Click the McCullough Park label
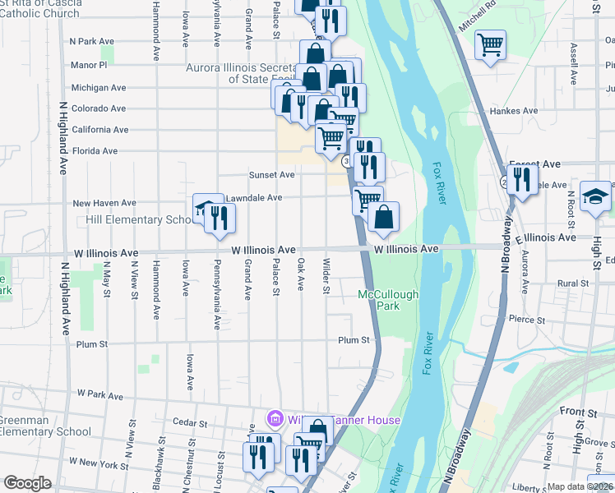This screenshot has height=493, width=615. pyautogui.click(x=388, y=300)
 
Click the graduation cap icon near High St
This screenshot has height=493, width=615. pyautogui.click(x=595, y=197)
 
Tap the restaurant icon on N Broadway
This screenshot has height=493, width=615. pyautogui.click(x=522, y=177)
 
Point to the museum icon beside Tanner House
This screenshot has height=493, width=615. pyautogui.click(x=275, y=420)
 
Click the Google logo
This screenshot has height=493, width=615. pyautogui.click(x=27, y=484)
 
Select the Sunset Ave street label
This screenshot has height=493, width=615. pyautogui.click(x=272, y=175)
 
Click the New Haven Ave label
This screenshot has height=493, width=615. pyautogui.click(x=104, y=203)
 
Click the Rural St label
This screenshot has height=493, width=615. pyautogui.click(x=573, y=283)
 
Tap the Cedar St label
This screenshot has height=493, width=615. pyautogui.click(x=191, y=422)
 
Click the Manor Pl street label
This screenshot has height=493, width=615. pyautogui.click(x=89, y=64)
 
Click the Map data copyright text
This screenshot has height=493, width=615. pyautogui.click(x=580, y=486)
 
